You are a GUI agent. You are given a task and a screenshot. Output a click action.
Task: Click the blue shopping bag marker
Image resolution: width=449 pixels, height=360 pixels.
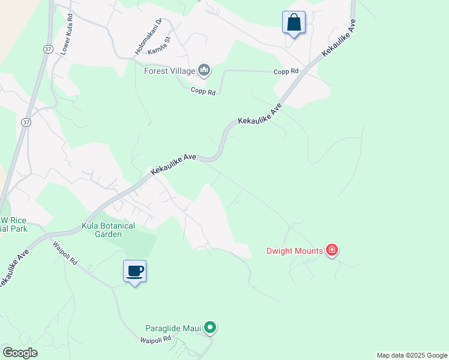[x=294, y=23]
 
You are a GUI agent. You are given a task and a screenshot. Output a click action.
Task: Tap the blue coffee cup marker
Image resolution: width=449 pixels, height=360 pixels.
[x=135, y=271]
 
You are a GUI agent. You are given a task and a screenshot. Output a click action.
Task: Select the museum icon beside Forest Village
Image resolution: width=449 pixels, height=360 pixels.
[x=204, y=71]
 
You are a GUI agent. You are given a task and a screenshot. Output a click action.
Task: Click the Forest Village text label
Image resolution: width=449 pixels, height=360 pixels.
[x=170, y=71]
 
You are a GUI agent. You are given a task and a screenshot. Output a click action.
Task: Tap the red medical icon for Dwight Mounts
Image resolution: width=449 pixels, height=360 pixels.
[x=331, y=250]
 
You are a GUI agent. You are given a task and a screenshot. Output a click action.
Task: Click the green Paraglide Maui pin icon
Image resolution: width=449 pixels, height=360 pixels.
[x=209, y=328]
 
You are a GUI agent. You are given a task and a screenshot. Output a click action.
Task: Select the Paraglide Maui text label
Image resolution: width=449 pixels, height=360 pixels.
[x=173, y=328]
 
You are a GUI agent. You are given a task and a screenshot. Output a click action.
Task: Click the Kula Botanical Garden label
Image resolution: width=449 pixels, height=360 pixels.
[x=108, y=230]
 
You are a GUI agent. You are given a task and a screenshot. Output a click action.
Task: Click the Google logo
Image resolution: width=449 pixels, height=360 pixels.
[x=20, y=353]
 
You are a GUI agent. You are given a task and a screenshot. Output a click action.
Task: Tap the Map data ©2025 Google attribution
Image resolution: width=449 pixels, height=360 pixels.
[x=412, y=355]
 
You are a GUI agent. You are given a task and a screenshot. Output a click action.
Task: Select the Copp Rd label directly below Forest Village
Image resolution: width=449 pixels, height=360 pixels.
[x=203, y=91]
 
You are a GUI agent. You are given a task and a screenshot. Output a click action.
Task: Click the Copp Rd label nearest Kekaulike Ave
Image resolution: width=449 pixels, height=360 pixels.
[x=286, y=71]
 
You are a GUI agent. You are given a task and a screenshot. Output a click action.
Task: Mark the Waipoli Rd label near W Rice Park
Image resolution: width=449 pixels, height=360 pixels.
[x=65, y=253]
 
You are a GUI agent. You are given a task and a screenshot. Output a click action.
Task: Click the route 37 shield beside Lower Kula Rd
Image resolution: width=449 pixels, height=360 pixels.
[x=46, y=49]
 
